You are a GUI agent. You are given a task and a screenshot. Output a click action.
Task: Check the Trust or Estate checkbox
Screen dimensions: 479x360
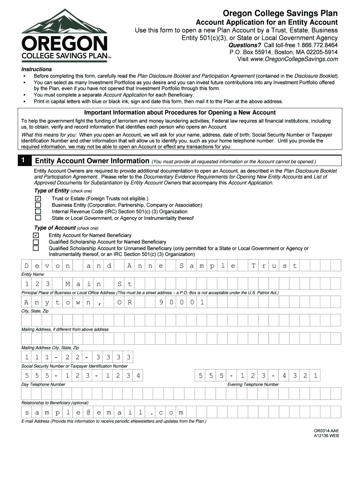(x=38, y=198)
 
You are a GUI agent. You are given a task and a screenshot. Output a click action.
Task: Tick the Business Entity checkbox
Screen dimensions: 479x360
(x=38, y=205)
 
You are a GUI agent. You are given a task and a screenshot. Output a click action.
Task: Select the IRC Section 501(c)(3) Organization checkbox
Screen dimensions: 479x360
(x=38, y=211)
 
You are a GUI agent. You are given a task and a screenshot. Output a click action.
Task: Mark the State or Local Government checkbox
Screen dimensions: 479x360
(x=38, y=218)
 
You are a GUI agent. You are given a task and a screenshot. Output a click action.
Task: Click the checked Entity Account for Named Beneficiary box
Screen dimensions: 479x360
(x=36, y=235)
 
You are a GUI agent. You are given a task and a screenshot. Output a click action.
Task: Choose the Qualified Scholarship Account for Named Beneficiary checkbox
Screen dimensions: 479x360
(x=36, y=242)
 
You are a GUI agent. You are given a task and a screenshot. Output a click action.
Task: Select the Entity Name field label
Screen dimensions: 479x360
(x=33, y=274)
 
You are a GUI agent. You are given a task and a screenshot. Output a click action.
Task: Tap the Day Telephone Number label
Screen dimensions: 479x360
(x=43, y=385)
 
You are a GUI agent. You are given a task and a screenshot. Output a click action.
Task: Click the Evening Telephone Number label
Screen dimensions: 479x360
(x=253, y=385)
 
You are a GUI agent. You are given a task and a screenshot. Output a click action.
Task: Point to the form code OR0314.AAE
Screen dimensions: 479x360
(x=326, y=430)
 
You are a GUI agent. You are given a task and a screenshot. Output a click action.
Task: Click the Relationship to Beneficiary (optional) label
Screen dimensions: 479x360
(x=55, y=403)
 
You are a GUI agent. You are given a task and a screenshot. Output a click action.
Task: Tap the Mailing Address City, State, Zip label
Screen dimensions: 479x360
(x=50, y=348)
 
